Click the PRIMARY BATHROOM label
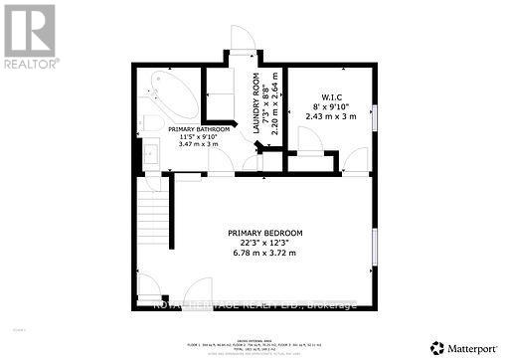199,129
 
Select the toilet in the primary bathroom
148,122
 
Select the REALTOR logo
30,36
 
